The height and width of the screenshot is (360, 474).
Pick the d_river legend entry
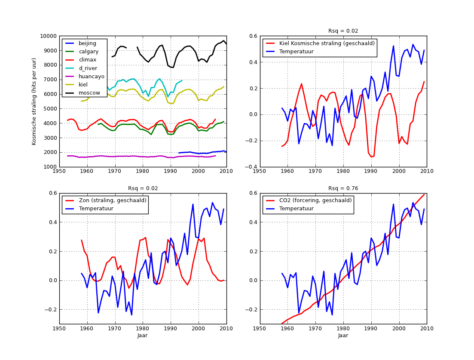[88, 68]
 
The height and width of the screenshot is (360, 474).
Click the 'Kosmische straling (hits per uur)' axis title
[34, 102]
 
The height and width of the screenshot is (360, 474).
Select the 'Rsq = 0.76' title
[343, 188]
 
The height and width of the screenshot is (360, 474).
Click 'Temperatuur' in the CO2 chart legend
[297, 209]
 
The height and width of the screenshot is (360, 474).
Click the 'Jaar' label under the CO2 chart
[343, 335]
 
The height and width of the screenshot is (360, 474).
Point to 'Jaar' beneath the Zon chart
[143, 335]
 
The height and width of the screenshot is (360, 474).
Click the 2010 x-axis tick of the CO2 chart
[427, 328]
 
